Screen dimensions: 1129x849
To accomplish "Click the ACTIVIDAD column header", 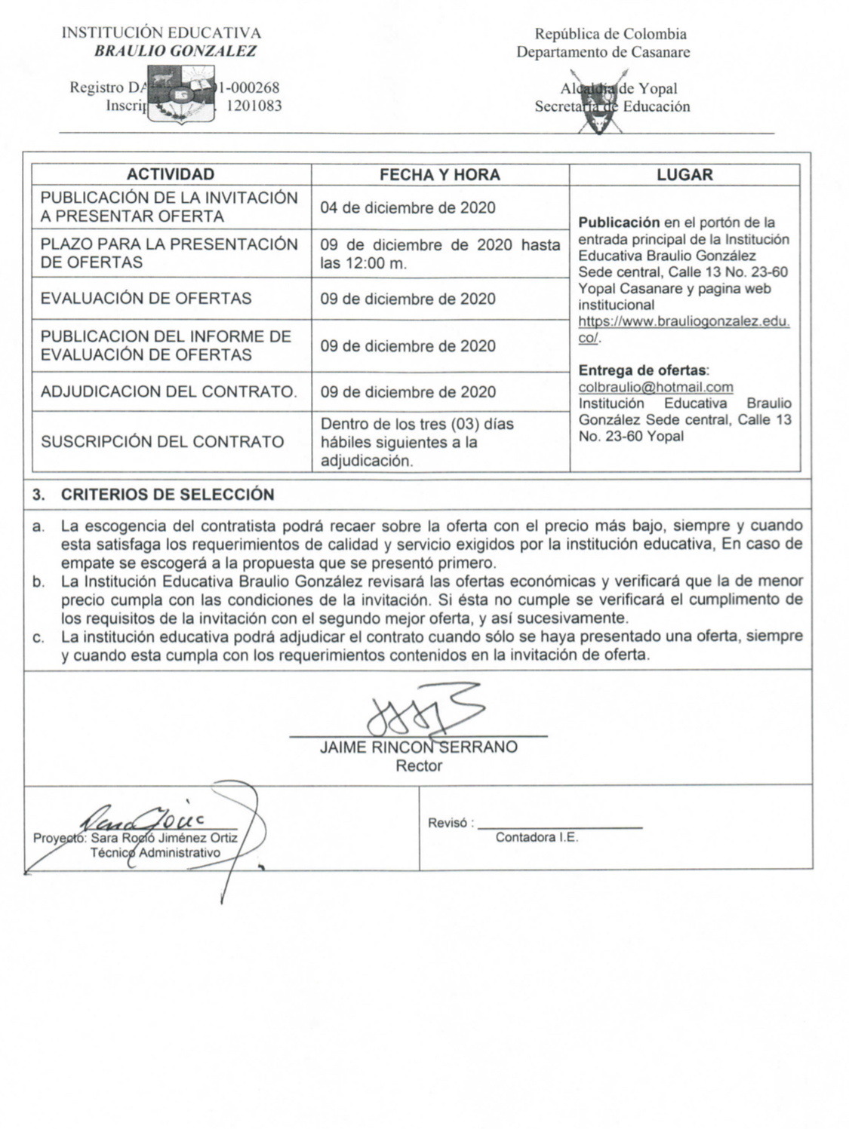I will tap(171, 174).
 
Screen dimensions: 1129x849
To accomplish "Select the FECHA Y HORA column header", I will tap(439, 175).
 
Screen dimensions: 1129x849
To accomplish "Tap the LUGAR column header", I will tap(684, 175).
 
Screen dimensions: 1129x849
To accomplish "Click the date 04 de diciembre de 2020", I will tap(408, 207).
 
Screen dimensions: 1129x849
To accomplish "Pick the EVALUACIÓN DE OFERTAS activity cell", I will tap(146, 298).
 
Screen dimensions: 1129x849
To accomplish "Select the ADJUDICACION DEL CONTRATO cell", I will tap(168, 391).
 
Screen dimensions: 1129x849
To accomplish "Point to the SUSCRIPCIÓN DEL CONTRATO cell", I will tap(162, 441).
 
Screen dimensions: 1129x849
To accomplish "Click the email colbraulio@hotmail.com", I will tap(656, 387).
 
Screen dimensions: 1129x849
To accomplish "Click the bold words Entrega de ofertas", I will tap(643, 370).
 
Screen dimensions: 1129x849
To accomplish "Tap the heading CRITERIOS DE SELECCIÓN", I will tap(168, 495).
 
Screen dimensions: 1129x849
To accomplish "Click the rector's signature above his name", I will tap(423, 710).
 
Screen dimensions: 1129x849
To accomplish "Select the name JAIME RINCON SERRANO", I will tap(419, 747).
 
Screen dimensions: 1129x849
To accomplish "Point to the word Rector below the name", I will tap(419, 766).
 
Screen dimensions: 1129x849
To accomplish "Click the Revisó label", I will tap(450, 823).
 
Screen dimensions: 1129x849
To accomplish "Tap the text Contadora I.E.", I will tap(537, 838).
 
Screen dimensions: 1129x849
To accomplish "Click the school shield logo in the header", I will tap(180, 97).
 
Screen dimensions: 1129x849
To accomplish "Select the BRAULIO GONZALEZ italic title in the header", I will tap(175, 51).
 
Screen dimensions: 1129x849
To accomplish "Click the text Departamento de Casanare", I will tap(603, 52).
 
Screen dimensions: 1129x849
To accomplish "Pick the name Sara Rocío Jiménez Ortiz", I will tap(165, 838).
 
